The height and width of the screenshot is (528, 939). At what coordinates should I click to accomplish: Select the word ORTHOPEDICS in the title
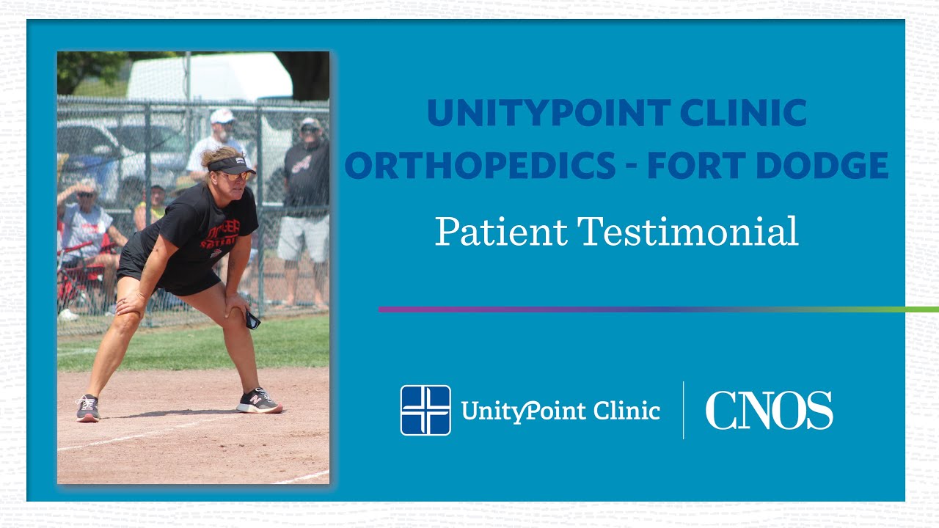tap(481, 166)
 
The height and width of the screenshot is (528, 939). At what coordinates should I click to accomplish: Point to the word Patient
tap(501, 231)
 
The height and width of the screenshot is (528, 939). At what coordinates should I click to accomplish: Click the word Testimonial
tap(689, 231)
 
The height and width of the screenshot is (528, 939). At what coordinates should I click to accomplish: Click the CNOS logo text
tap(769, 411)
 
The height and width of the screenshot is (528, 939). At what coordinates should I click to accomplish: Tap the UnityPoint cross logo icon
tap(425, 411)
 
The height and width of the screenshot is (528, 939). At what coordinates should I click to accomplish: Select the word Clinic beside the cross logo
tap(626, 411)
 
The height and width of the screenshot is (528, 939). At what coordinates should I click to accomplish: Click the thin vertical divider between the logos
tap(683, 411)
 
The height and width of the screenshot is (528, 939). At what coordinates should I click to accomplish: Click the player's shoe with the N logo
tap(259, 401)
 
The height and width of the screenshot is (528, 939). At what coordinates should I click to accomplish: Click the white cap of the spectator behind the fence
tap(222, 116)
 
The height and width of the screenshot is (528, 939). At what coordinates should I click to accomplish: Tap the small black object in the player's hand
tap(252, 320)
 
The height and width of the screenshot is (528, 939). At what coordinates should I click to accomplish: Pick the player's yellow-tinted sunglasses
tap(236, 176)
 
